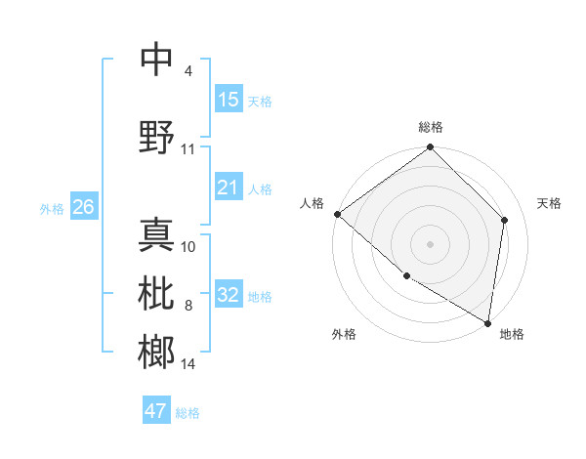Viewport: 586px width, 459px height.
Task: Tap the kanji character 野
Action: [x=156, y=137]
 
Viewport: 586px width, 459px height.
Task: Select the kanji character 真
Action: [x=156, y=234]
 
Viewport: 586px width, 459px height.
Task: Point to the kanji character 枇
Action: [x=156, y=294]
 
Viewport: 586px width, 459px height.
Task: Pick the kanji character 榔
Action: [x=156, y=352]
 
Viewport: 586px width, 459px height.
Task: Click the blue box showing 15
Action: [x=229, y=100]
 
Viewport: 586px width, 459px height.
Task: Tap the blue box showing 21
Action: [x=229, y=188]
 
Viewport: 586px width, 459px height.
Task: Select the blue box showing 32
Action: [x=229, y=296]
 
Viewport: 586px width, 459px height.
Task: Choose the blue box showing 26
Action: [x=83, y=206]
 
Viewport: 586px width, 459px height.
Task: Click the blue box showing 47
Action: [x=156, y=411]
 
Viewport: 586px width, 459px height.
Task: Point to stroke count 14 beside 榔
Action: [x=188, y=364]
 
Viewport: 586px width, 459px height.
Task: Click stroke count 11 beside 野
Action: [x=188, y=149]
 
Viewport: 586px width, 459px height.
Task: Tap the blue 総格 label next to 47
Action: [x=188, y=413]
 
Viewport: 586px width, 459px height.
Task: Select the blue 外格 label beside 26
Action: [x=52, y=208]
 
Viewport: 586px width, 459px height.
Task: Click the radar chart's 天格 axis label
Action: [x=550, y=203]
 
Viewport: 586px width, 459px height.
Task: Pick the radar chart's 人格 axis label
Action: [x=313, y=203]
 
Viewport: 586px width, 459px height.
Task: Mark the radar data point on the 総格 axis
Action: [x=431, y=147]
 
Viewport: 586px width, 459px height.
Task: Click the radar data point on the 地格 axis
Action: [x=487, y=322]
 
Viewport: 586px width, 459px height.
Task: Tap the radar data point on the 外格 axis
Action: [x=406, y=276]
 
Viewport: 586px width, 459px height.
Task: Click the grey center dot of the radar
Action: [x=431, y=243]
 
